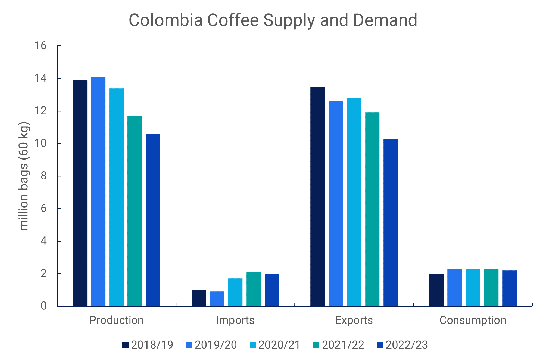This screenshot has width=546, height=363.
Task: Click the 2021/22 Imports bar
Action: (x=253, y=289)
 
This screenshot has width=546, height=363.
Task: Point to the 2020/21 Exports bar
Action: (x=354, y=202)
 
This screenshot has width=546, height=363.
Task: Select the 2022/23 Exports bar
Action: (x=391, y=222)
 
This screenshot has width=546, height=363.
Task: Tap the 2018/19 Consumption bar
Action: (x=436, y=290)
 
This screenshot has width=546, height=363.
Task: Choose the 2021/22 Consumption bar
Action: (x=491, y=287)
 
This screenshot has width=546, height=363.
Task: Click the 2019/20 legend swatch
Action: (x=189, y=345)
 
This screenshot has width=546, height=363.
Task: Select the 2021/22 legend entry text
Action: (x=343, y=345)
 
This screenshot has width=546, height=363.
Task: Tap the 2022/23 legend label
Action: (x=407, y=345)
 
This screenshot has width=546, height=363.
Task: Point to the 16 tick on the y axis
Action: (x=40, y=46)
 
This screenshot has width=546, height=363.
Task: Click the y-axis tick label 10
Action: (x=40, y=143)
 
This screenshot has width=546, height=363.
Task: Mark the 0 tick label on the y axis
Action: (x=43, y=306)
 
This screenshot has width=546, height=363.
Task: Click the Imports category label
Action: (x=235, y=320)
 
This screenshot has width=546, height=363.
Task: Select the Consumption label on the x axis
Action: (x=473, y=320)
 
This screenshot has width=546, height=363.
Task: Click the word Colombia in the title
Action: (x=166, y=20)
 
